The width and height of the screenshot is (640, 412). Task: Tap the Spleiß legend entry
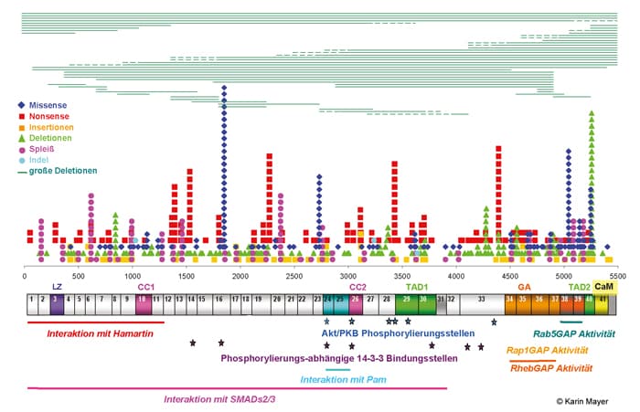point(45,148)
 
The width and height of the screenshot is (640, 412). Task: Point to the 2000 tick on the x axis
point(240,275)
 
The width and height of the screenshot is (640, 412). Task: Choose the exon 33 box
point(481,300)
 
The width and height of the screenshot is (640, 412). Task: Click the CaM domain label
point(603,286)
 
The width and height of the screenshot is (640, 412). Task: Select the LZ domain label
point(58,287)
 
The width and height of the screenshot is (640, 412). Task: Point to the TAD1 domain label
point(417,287)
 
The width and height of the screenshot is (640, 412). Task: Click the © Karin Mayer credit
point(586,400)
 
